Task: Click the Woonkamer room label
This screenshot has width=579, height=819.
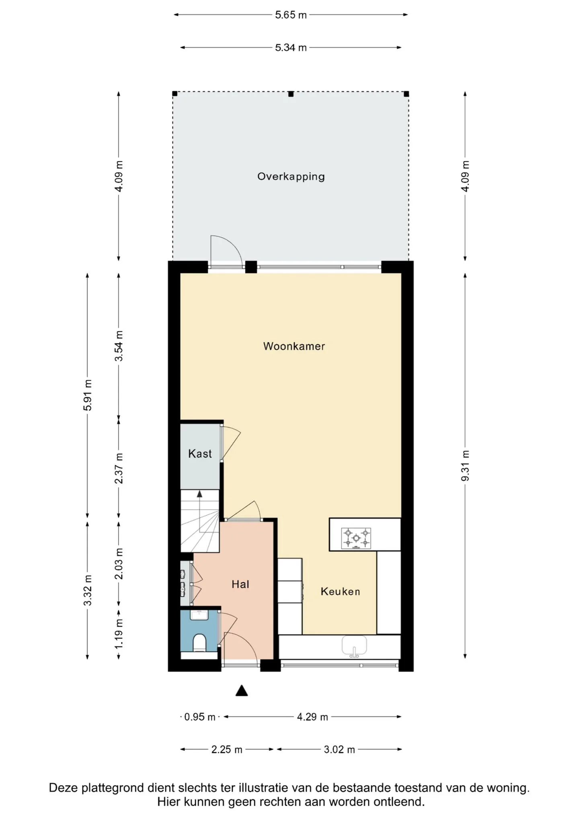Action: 294,346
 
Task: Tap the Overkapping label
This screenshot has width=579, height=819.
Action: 291,177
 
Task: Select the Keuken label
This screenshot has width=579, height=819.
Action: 340,591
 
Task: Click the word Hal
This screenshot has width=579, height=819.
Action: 240,584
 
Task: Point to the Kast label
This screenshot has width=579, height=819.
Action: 200,454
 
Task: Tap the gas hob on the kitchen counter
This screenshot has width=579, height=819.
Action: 356,538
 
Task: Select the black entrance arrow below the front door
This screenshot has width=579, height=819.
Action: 242,691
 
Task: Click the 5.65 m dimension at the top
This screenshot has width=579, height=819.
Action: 291,15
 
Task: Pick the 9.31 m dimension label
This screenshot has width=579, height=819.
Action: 465,465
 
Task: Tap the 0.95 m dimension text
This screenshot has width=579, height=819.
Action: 200,717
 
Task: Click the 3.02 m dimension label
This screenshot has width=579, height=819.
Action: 339,749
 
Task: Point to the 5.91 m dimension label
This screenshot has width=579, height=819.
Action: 88,395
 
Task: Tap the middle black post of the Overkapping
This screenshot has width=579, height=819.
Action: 291,94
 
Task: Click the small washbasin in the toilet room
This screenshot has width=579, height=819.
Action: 199,615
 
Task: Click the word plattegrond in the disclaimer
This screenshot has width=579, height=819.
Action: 113,788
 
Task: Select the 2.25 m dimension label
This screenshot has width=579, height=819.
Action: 227,749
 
